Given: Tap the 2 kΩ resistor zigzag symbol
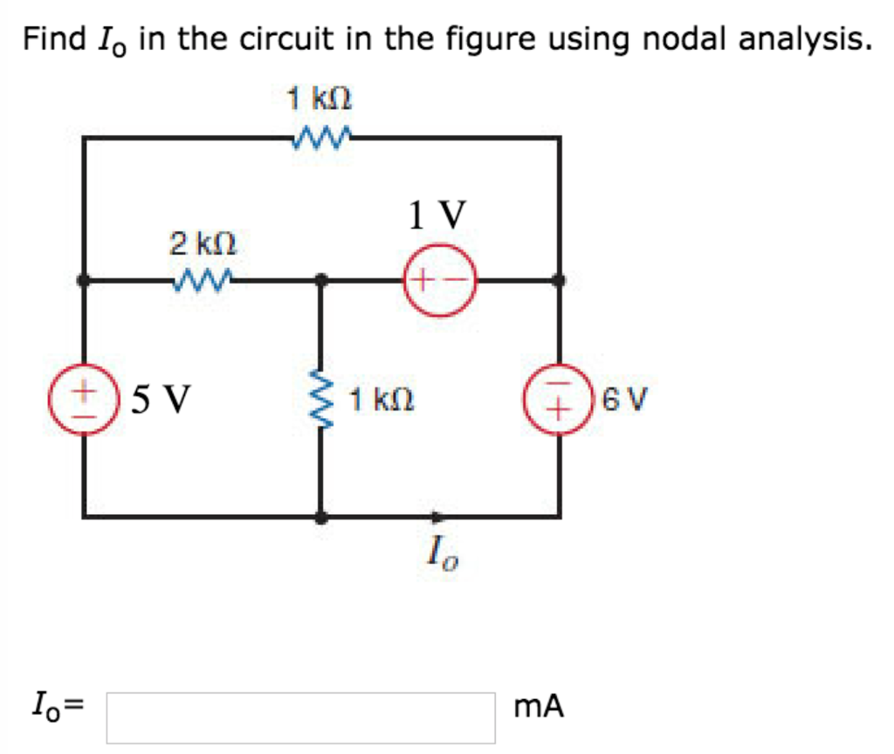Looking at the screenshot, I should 203,280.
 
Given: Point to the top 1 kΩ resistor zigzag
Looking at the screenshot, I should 321,137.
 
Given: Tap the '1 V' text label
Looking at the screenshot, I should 437,214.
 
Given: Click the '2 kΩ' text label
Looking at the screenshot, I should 203,243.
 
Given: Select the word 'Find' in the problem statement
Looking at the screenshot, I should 54,39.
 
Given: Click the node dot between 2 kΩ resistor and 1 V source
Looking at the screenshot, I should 321,280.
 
